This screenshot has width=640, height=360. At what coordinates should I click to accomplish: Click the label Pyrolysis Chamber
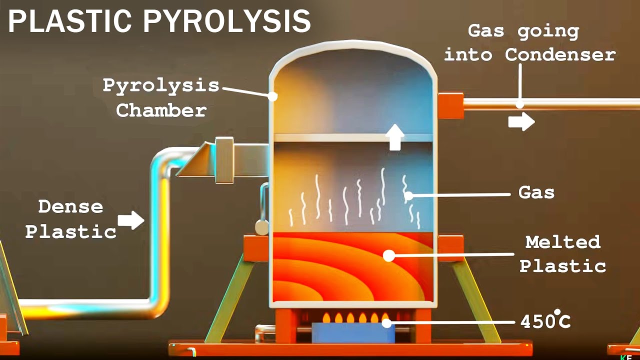pos(161,97)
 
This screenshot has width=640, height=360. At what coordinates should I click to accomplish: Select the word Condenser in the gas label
pos(560,54)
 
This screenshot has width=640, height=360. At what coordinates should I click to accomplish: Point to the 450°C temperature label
pos(545,321)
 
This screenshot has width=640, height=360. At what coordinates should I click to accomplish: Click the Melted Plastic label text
pos(562,254)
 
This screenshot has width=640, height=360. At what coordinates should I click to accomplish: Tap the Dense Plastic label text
pos(70,218)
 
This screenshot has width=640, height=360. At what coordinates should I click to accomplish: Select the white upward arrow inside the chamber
pos(395,137)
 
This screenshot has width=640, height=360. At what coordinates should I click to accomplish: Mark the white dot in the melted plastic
pos(388,255)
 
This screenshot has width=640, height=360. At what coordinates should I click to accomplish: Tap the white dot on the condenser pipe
pos(520,104)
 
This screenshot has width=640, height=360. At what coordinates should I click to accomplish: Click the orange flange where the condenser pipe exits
pos(450,105)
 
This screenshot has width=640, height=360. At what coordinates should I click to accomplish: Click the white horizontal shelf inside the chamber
pos(353,137)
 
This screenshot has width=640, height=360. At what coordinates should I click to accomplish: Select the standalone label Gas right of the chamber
pos(536,192)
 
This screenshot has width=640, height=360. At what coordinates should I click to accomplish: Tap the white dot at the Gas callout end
pos(409,196)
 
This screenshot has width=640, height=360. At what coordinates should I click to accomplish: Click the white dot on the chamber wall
pos(272,96)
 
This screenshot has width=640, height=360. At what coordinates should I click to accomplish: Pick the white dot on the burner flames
pos(386,323)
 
